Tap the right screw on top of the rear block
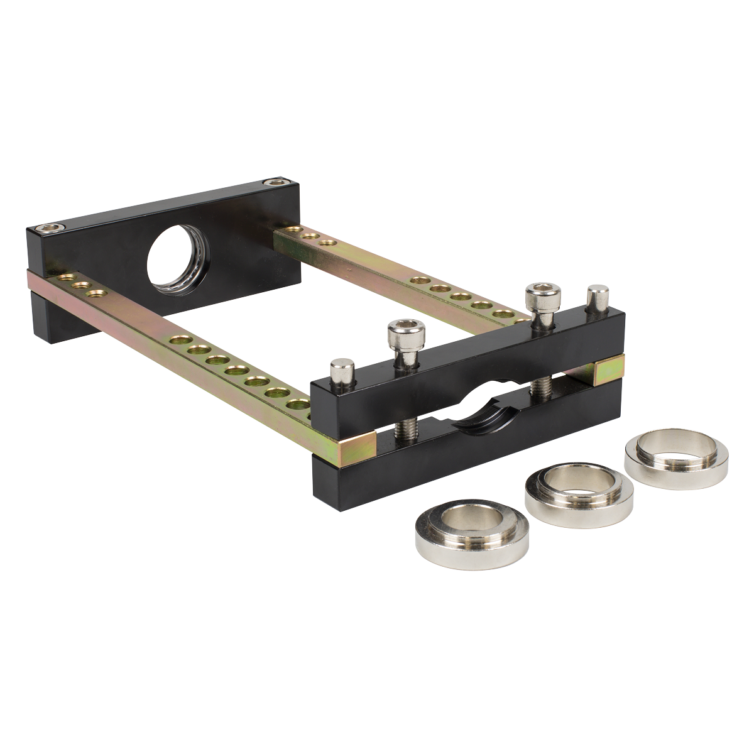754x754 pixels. [x=273, y=183]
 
